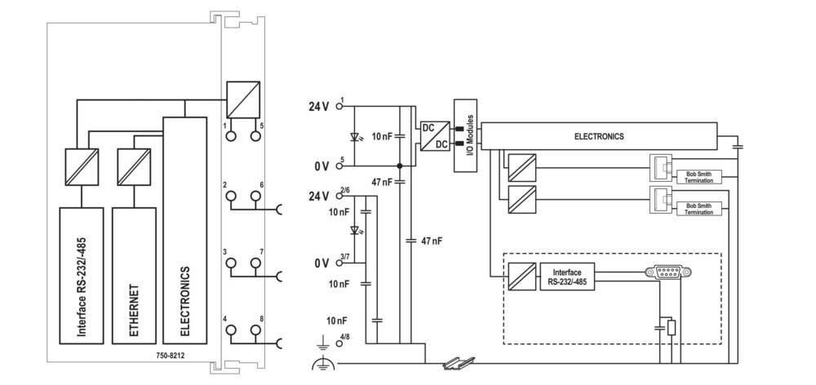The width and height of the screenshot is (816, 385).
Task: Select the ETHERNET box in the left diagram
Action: [x=133, y=275]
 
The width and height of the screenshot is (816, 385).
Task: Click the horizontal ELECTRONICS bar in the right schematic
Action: [x=599, y=136]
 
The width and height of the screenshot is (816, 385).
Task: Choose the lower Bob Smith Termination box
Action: [x=699, y=208]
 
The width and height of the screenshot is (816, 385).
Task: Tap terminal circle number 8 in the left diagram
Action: [x=255, y=330]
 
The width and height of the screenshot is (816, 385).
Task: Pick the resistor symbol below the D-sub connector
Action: [x=672, y=328]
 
